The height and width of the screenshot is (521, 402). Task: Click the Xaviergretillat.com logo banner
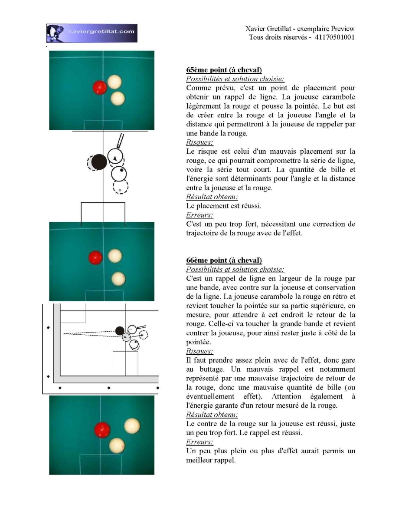pyautogui.click(x=92, y=33)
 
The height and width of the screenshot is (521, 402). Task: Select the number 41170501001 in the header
pyautogui.click(x=334, y=37)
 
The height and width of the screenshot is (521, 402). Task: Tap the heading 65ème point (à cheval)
pyautogui.click(x=224, y=70)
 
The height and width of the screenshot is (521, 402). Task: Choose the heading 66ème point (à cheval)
pyautogui.click(x=224, y=260)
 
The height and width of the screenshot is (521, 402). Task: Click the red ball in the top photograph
pyautogui.click(x=100, y=88)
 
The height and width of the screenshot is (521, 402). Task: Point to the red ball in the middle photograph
pyautogui.click(x=95, y=258)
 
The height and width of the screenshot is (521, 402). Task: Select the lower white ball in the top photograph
pyautogui.click(x=118, y=99)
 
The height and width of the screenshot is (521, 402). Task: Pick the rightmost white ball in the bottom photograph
pyautogui.click(x=132, y=426)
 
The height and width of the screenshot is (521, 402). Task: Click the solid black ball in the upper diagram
pyautogui.click(x=99, y=162)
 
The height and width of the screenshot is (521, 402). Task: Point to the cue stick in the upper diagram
pyautogui.click(x=120, y=141)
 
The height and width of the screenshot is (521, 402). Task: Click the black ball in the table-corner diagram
pyautogui.click(x=120, y=331)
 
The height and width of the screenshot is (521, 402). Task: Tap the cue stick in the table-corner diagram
pyautogui.click(x=141, y=327)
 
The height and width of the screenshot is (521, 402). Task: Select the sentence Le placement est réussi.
pyautogui.click(x=224, y=206)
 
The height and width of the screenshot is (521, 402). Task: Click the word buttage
pyautogui.click(x=212, y=369)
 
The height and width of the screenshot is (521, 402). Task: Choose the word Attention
pyautogui.click(x=286, y=396)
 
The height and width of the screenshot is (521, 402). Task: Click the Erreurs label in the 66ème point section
pyautogui.click(x=199, y=442)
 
